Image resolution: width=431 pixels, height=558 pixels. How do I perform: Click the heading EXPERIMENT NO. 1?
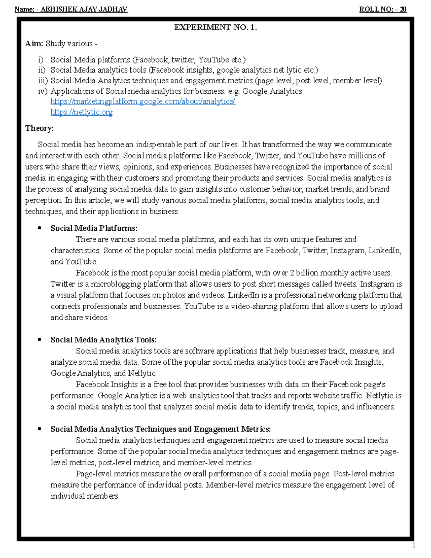tap(215, 27)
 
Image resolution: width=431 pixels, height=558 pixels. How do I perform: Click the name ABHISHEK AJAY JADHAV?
tap(84, 9)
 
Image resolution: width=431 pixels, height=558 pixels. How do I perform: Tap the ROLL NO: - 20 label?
tap(383, 9)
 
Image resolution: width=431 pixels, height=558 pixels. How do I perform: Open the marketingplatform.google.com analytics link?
tap(143, 102)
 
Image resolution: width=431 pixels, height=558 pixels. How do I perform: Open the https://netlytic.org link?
tap(82, 112)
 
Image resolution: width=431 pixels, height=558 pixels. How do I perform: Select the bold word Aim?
tap(34, 44)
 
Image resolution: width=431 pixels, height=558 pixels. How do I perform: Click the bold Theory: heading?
tap(40, 128)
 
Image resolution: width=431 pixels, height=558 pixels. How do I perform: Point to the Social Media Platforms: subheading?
tap(94, 228)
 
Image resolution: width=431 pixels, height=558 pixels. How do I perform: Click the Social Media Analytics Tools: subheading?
tap(103, 340)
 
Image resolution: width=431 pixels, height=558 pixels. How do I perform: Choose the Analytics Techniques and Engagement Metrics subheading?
tap(161, 429)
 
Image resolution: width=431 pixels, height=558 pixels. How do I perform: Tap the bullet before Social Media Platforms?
tap(40, 228)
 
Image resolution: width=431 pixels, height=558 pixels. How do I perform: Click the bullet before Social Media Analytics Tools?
tap(40, 340)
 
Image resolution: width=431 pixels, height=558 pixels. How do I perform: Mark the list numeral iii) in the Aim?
tap(43, 81)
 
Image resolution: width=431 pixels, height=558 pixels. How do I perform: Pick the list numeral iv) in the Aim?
tap(43, 91)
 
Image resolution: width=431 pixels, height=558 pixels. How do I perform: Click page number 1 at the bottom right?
tap(414, 545)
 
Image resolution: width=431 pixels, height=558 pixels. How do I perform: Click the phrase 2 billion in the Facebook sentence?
tap(304, 273)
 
